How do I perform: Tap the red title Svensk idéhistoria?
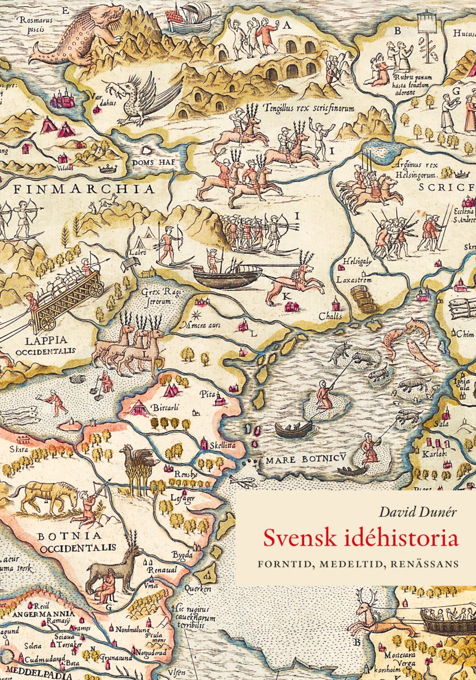pyautogui.click(x=360, y=537)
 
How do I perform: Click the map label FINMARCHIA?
pyautogui.click(x=84, y=189)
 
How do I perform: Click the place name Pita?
pyautogui.click(x=205, y=393)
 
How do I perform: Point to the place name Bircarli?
pyautogui.click(x=165, y=408)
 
